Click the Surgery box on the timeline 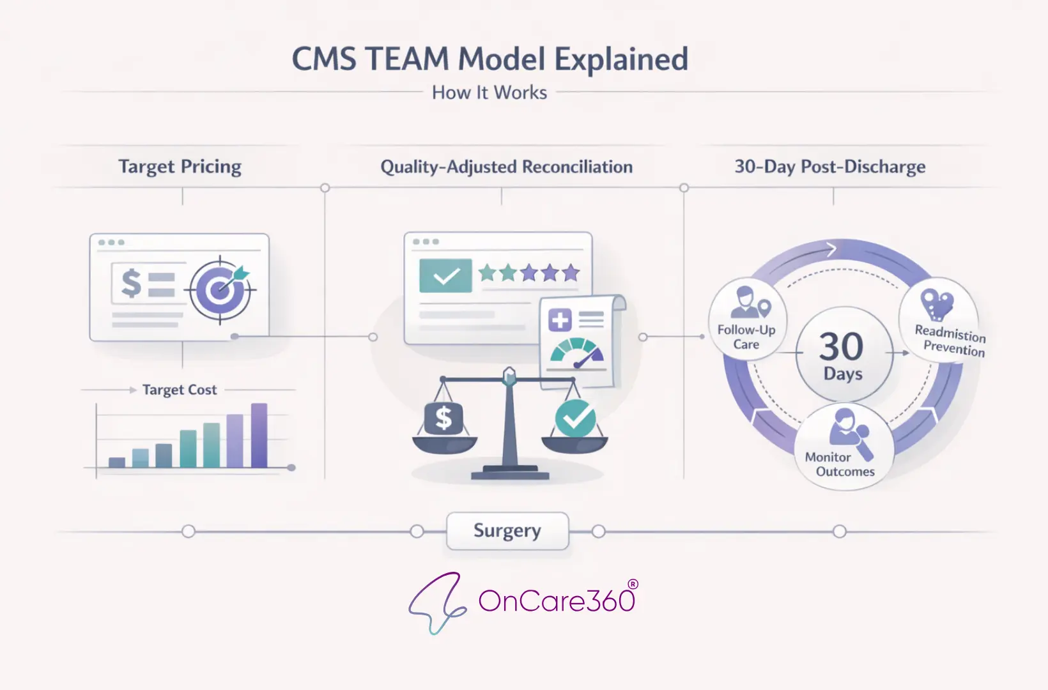(507, 531)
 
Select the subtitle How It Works (489, 93)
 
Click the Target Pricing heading (180, 167)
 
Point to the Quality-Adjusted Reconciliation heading (506, 167)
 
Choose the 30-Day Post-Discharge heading (830, 167)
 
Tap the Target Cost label (180, 390)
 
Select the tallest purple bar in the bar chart (259, 435)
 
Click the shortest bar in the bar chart (117, 462)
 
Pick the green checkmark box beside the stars (445, 276)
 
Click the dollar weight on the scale (443, 419)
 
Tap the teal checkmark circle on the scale (575, 418)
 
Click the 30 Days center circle (843, 355)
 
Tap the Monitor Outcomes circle (844, 447)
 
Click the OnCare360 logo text (556, 601)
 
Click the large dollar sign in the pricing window (131, 283)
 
